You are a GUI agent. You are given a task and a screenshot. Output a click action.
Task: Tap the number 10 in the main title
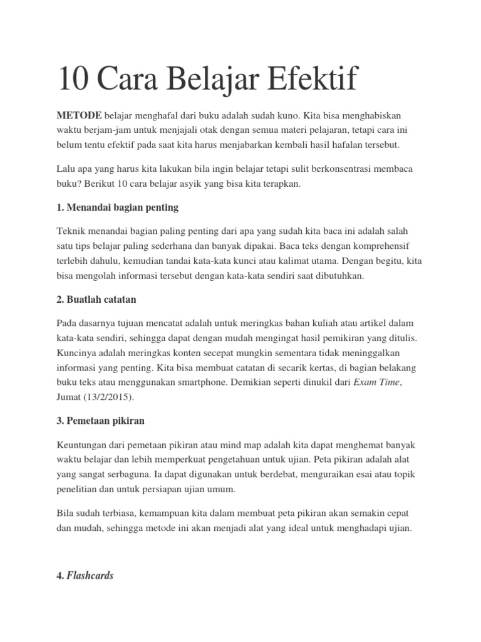point(75,81)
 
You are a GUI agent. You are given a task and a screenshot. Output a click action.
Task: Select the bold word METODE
point(80,117)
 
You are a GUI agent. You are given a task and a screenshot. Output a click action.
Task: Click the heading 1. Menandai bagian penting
point(118,208)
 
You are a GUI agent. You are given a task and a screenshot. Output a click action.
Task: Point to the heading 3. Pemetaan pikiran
point(100,421)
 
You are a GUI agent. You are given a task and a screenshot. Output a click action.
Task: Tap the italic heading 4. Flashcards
point(85,575)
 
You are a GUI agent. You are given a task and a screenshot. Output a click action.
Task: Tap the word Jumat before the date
point(70,397)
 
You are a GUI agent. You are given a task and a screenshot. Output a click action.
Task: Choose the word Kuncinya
point(77,352)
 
